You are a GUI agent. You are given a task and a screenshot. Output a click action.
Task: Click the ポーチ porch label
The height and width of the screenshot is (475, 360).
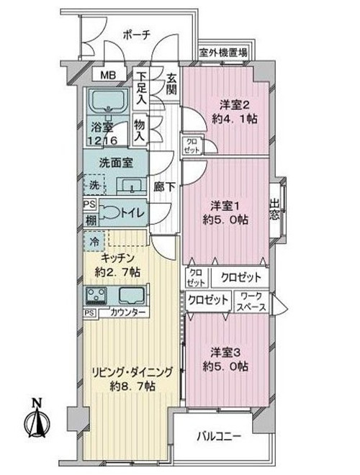pos(137,35)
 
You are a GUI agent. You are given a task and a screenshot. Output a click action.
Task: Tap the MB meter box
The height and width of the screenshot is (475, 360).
pos(109,75)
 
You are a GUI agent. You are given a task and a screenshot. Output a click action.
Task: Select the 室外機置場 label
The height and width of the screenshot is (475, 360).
pos(222,54)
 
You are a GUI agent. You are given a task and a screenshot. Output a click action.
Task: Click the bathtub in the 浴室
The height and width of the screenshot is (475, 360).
pos(108,101)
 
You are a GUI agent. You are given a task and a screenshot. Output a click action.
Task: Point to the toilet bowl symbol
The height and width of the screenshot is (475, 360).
pos(109,212)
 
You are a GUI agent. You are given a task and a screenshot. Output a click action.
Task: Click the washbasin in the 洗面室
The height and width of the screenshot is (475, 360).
pos(132,186)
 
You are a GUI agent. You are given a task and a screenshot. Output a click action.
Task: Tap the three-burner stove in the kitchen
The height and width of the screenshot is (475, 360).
pos(96,295)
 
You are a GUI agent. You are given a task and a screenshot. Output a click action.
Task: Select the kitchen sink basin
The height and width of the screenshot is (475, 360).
pos(132,295)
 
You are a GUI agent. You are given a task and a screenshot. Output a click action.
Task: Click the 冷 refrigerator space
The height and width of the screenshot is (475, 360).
pos(94,241)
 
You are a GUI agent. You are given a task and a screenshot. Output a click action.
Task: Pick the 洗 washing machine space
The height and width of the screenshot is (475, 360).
pos(94,184)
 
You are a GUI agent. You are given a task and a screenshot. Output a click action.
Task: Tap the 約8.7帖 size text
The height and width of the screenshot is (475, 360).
pos(132,386)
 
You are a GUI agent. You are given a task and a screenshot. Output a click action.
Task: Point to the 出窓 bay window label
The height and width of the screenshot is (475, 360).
pos(274,209)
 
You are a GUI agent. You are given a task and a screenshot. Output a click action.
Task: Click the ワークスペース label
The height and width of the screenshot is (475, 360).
pos(251,302)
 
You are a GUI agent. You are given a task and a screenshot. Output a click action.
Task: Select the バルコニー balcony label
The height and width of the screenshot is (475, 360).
pos(219,436)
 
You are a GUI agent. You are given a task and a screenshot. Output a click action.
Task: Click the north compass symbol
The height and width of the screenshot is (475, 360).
pos(37,418)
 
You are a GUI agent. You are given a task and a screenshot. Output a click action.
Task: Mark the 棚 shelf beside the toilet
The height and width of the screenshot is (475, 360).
pos(91,220)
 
